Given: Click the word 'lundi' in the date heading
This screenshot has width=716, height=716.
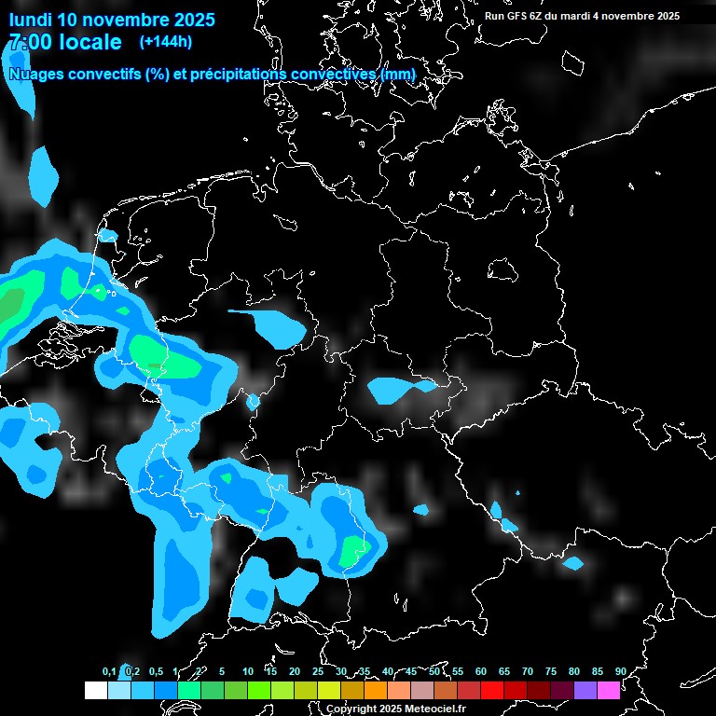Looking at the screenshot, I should pos(31,20).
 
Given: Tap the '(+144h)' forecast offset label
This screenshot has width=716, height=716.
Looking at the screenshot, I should pos(165,41).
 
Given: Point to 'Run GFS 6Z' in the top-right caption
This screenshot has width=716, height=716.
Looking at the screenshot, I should pos(516,16).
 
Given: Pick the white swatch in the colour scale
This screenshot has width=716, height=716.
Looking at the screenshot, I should pos(95,690).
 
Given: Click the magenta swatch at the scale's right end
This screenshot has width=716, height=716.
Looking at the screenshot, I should pos(609,690).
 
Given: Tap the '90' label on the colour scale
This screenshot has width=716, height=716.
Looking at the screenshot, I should pos(620,671).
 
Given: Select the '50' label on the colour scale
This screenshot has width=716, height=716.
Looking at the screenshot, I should pos(434,671).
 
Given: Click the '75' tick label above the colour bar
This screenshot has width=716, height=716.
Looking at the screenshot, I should pos(551,671).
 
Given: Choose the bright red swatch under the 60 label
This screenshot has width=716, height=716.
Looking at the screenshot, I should pos(492,690).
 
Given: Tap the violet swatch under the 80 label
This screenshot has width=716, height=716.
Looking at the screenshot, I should pos(585,690).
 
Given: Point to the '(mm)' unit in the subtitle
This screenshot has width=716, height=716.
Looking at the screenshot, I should pos(398,74).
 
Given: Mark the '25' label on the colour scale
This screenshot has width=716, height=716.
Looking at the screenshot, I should pos(318,671).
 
